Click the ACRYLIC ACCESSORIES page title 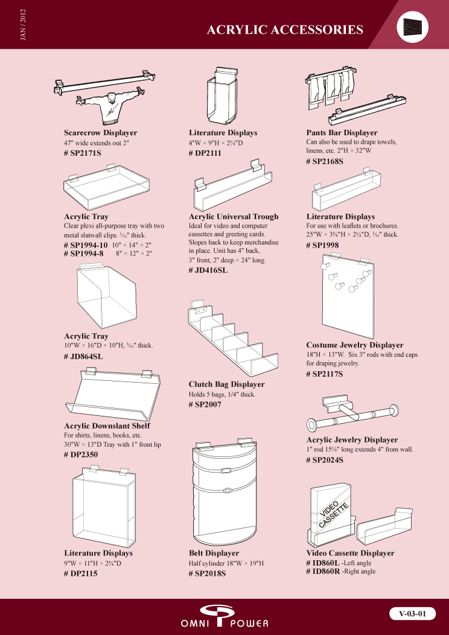click(x=285, y=30)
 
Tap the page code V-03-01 click(x=413, y=613)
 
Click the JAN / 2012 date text click(x=23, y=25)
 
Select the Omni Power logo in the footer click(x=224, y=616)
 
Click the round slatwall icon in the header click(x=412, y=27)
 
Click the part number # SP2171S click(x=83, y=153)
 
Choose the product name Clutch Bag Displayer click(x=227, y=384)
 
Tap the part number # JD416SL click(x=208, y=270)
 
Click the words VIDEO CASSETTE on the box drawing click(x=333, y=514)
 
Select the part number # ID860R click(x=323, y=572)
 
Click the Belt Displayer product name click(x=214, y=553)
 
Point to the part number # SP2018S click(x=207, y=573)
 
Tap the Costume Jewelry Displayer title click(x=355, y=345)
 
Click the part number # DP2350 click(x=81, y=455)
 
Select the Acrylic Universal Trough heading click(x=234, y=217)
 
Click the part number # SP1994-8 click(x=84, y=254)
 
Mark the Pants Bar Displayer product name click(x=342, y=133)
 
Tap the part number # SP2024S click(x=325, y=460)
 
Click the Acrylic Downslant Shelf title click(x=107, y=426)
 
